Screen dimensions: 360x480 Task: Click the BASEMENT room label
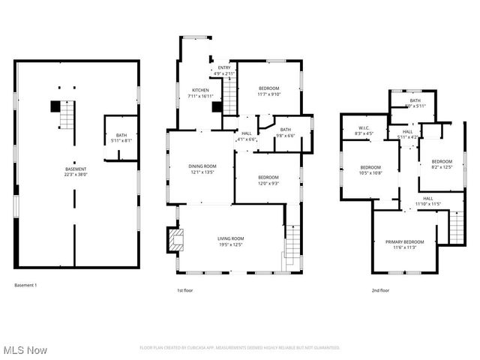[76, 171]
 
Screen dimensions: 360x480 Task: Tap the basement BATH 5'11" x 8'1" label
[121, 137]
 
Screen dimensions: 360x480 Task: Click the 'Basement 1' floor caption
[25, 285]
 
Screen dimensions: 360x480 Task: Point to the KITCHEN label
[200, 93]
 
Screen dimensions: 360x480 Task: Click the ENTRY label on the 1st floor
[224, 70]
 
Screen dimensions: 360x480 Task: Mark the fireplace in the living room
[175, 240]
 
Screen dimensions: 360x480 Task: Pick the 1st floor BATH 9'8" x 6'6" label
[285, 132]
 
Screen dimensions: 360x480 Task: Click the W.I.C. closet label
[363, 130]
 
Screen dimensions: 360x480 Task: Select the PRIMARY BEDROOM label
[405, 244]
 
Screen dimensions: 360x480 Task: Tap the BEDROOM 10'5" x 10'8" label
[370, 169]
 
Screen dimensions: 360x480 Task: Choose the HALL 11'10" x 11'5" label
[428, 201]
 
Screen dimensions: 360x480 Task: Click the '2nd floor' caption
[380, 290]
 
